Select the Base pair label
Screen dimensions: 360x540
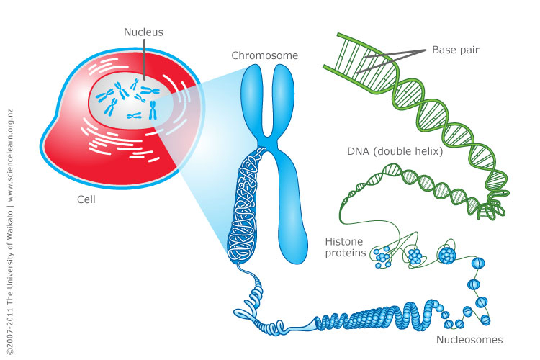(456, 50)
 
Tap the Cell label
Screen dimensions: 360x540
(86, 199)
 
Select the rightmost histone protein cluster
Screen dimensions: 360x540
(446, 256)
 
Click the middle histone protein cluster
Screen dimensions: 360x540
(415, 256)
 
